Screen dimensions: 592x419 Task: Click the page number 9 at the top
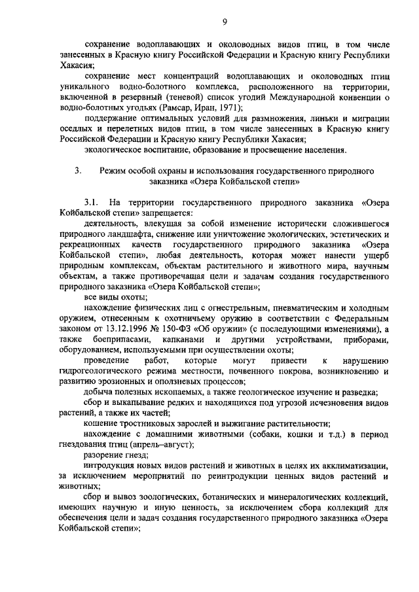click(224, 22)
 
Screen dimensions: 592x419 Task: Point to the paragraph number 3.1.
click(92, 202)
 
